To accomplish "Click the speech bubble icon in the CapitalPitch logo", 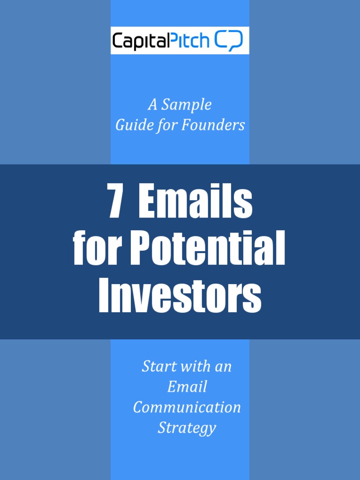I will pyautogui.click(x=229, y=41).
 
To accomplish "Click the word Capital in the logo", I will pyautogui.click(x=139, y=41).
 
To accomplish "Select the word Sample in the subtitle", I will pyautogui.click(x=186, y=105).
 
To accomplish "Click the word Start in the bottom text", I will pyautogui.click(x=157, y=367).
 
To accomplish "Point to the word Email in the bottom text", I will pyautogui.click(x=187, y=387).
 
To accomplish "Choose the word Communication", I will pyautogui.click(x=187, y=407).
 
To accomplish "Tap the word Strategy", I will pyautogui.click(x=187, y=428).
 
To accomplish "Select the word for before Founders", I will pyautogui.click(x=165, y=126).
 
